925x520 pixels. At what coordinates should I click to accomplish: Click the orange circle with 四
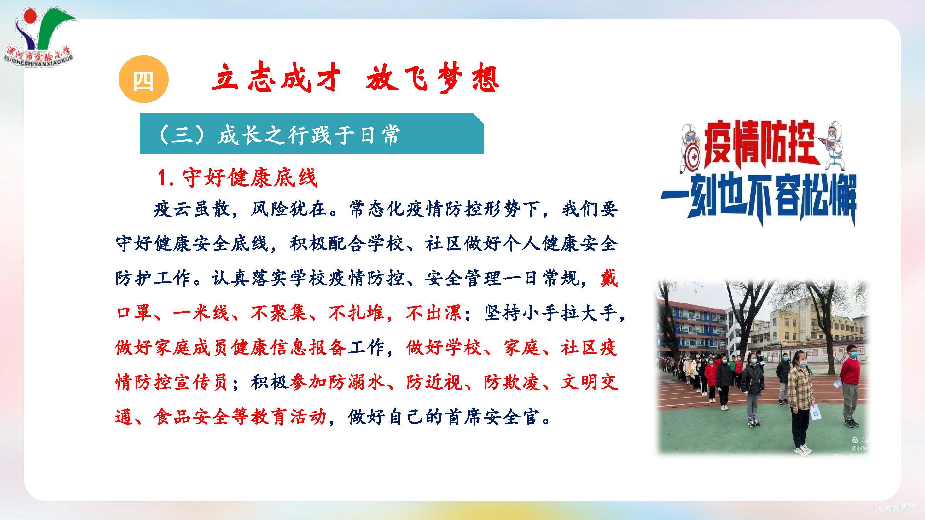[143, 79]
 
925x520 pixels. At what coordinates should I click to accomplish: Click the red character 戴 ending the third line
[609, 279]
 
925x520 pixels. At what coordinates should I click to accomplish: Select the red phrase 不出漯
[433, 313]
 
